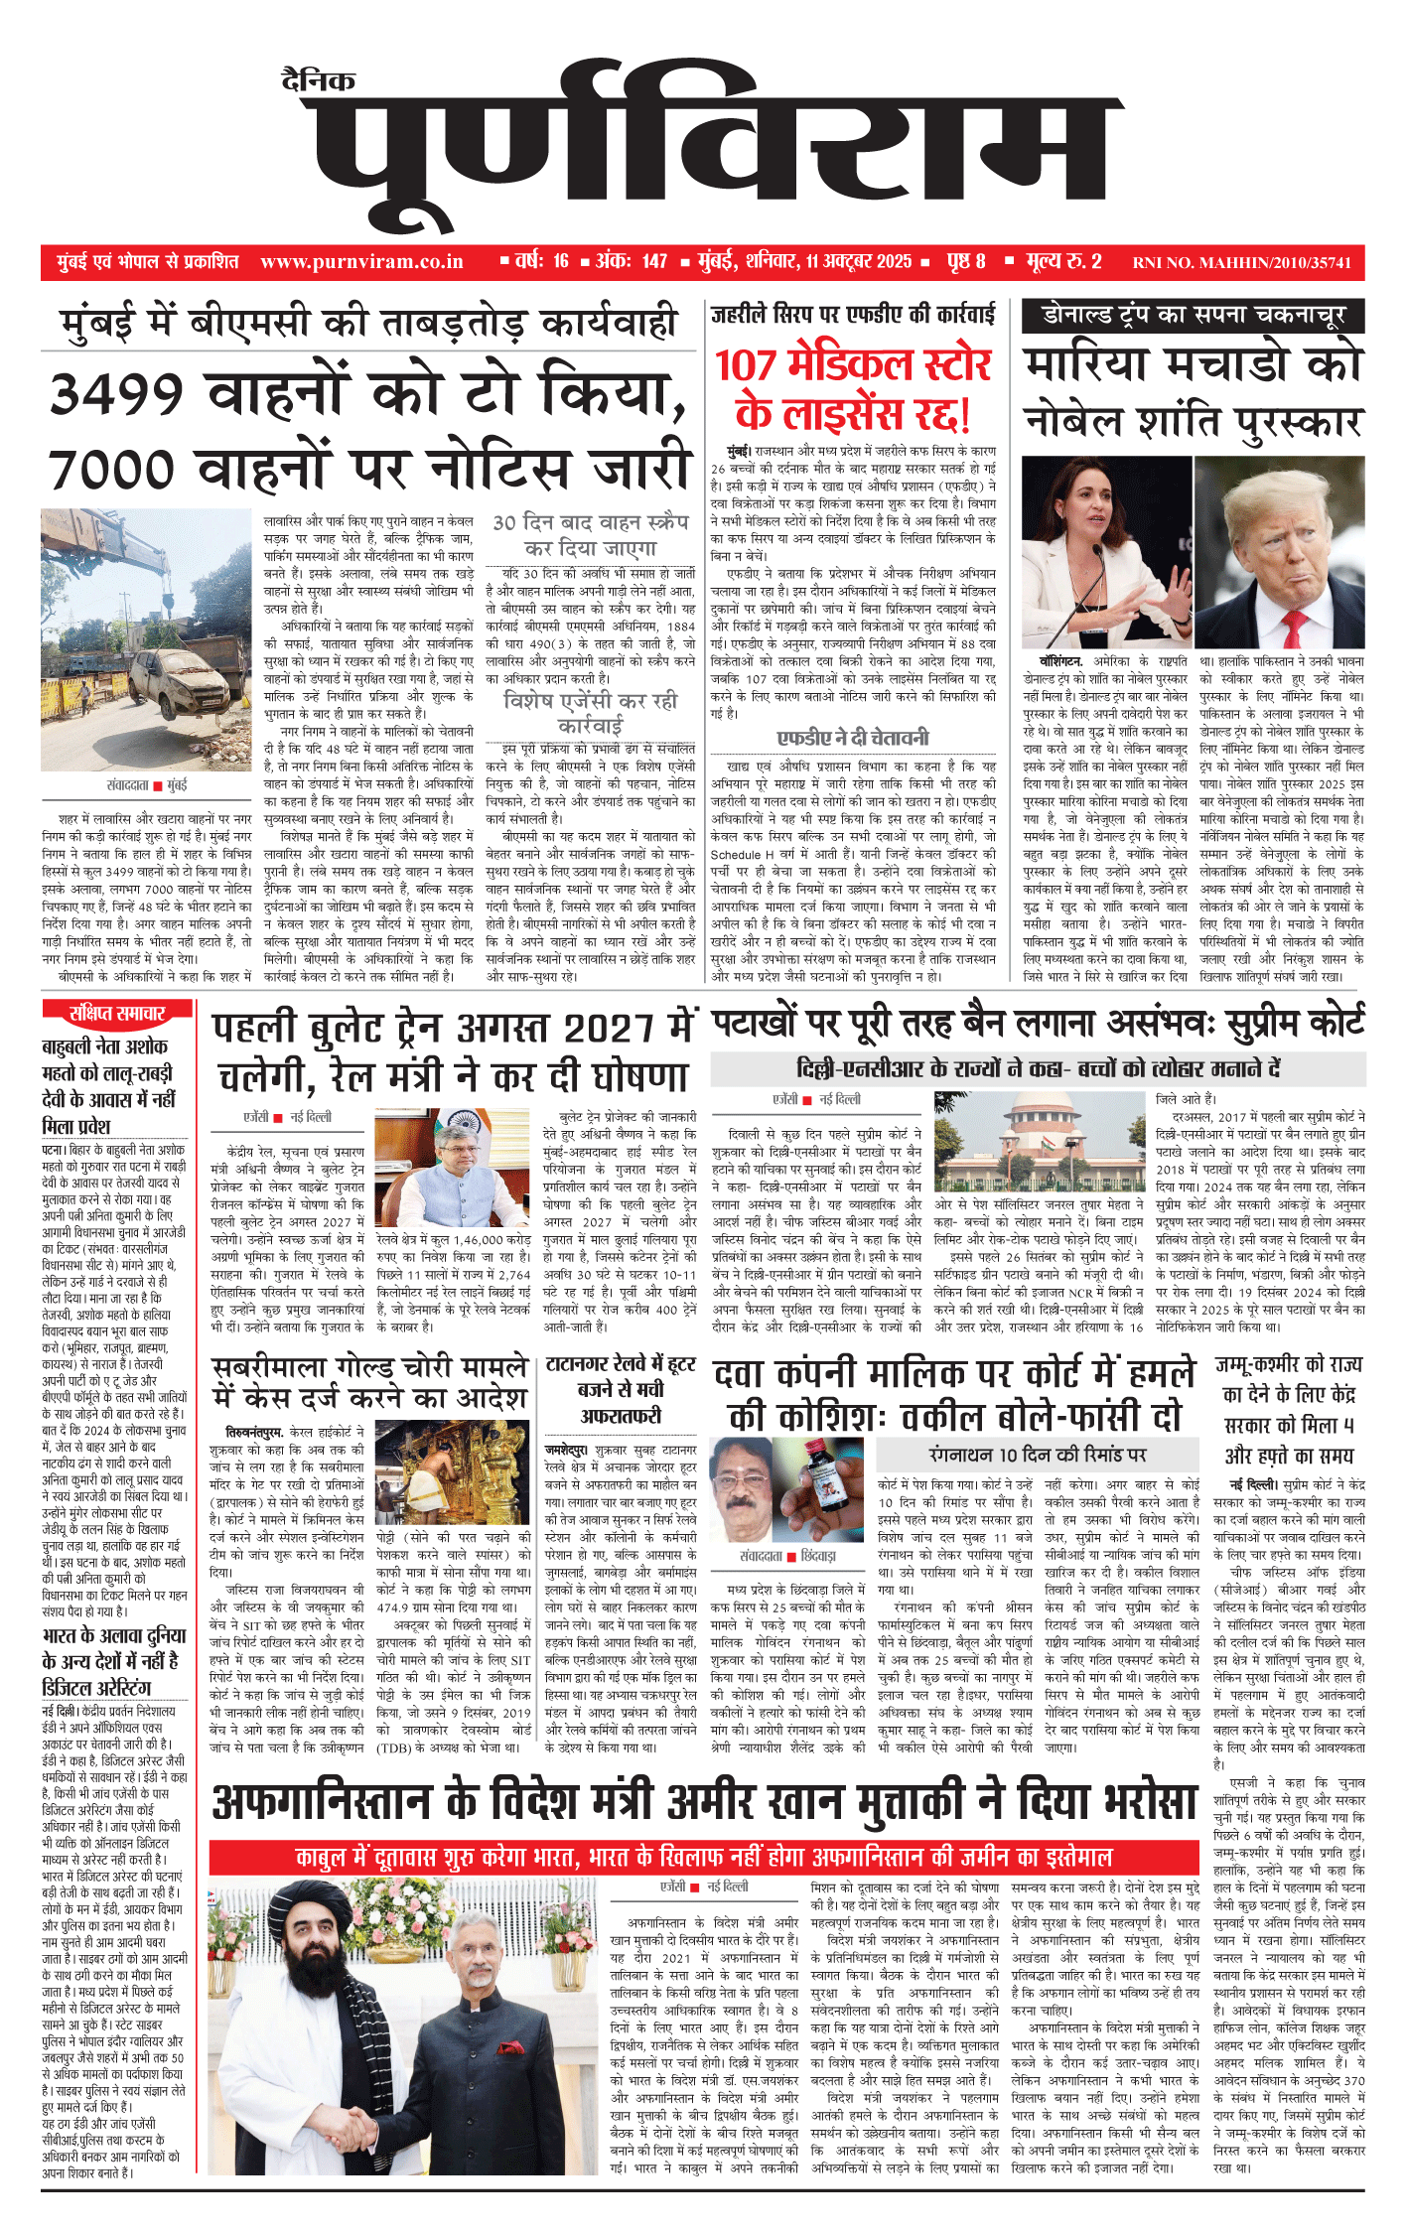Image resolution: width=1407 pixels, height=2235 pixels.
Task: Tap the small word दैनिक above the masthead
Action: coord(318,79)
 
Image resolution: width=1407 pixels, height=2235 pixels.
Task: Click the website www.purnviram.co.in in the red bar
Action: coord(361,262)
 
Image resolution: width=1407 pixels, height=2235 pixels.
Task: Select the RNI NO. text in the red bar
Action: coord(1241,263)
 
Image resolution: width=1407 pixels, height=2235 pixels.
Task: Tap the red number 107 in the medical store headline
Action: coord(747,365)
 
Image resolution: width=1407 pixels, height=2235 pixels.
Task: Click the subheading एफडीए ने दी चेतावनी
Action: coord(853,737)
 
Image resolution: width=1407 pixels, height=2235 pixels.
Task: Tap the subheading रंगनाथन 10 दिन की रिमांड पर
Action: coord(1037,1455)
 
